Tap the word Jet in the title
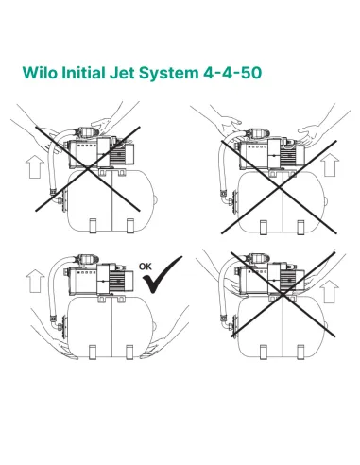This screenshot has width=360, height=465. point(133,71)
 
